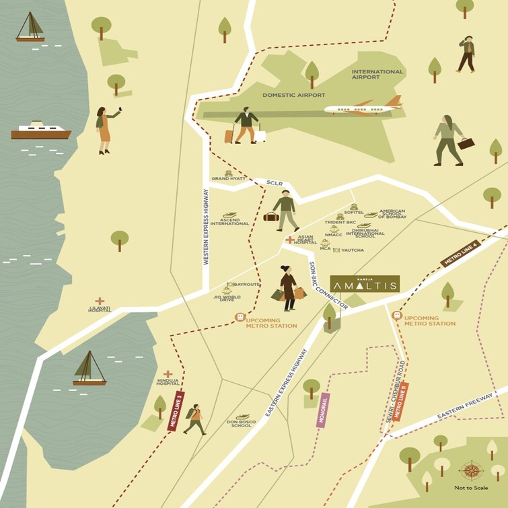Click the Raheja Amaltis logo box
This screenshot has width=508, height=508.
pyautogui.click(x=365, y=284)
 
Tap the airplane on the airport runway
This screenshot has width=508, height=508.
pyautogui.click(x=363, y=107)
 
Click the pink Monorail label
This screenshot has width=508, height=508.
pyautogui.click(x=324, y=410)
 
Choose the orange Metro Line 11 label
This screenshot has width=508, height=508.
pyautogui.click(x=401, y=401)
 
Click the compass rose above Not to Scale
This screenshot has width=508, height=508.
pyautogui.click(x=470, y=470)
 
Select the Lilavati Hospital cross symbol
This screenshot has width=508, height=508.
pyautogui.click(x=100, y=301)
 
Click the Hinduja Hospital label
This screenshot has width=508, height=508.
pyautogui.click(x=168, y=382)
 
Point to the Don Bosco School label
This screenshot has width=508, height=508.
pyautogui.click(x=240, y=423)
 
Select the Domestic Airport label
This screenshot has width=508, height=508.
pyautogui.click(x=294, y=96)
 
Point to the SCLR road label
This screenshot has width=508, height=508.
pyautogui.click(x=273, y=182)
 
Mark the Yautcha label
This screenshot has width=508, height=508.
pyautogui.click(x=352, y=250)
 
